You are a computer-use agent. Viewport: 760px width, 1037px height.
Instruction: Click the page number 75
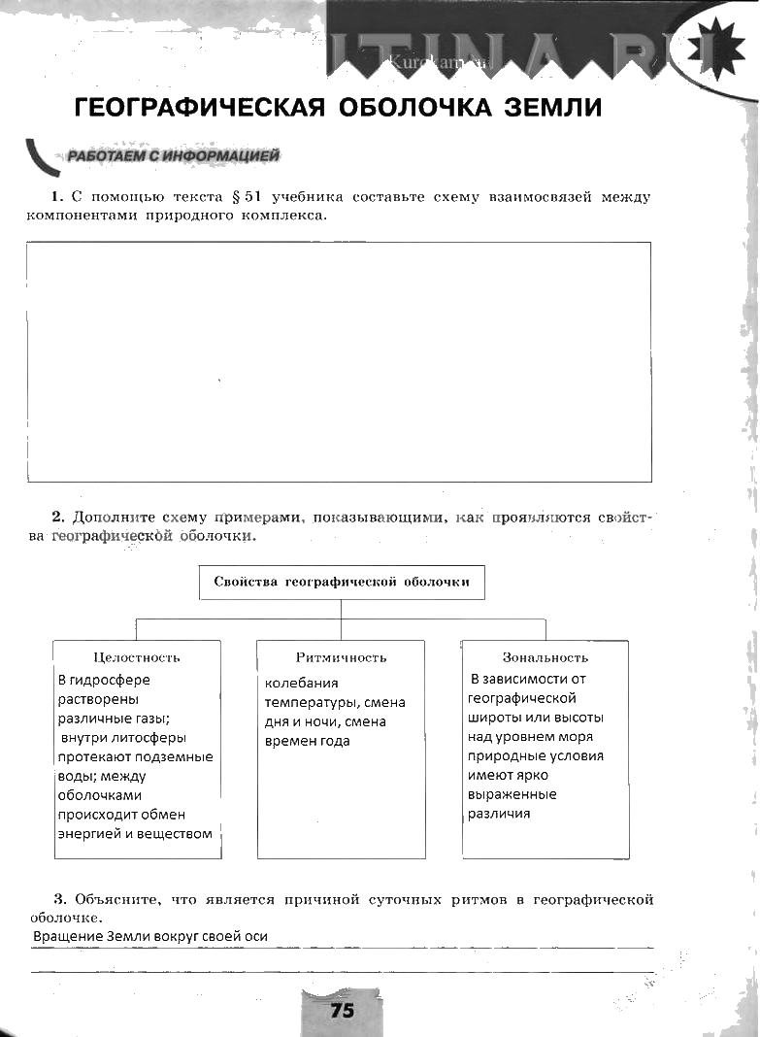pyautogui.click(x=342, y=1011)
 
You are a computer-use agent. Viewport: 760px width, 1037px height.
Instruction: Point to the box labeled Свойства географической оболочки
pyautogui.click(x=341, y=583)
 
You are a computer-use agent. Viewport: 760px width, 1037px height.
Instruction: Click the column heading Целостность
pyautogui.click(x=137, y=657)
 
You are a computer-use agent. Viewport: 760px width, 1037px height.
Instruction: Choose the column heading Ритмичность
pyautogui.click(x=341, y=657)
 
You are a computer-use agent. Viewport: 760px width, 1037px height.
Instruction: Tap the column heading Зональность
pyautogui.click(x=545, y=657)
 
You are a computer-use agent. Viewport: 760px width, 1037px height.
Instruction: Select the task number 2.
pyautogui.click(x=57, y=518)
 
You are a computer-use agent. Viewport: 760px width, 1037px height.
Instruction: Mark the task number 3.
pyautogui.click(x=57, y=900)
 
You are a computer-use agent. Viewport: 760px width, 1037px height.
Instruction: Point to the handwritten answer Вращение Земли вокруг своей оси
pyautogui.click(x=150, y=936)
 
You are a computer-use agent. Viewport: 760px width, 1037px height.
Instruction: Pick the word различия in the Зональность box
pyautogui.click(x=499, y=814)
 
